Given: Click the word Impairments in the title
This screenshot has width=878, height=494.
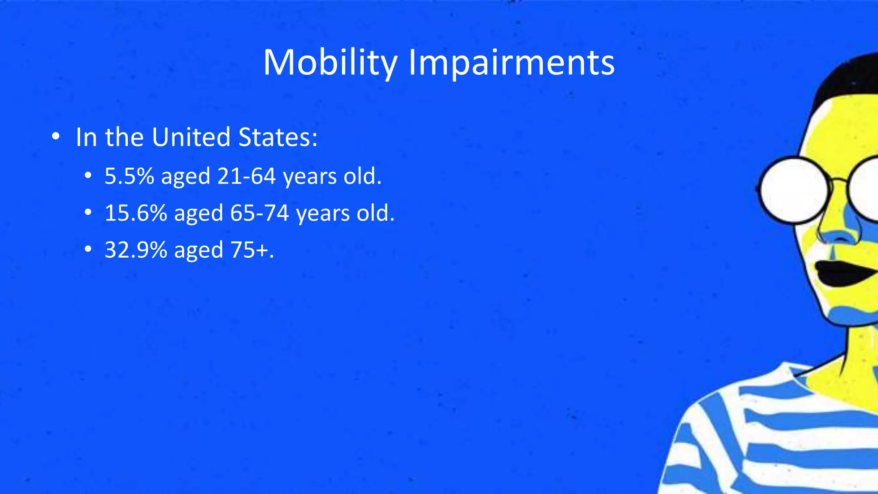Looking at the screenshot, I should tap(511, 63).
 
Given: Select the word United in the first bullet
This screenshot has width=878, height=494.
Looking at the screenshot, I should tap(191, 137).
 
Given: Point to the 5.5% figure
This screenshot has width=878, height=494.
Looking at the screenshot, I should tap(129, 176).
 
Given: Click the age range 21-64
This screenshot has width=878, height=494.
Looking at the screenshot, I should tap(246, 176).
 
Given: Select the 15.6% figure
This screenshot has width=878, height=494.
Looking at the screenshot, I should tap(135, 213).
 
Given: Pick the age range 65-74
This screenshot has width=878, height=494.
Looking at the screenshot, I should tap(259, 213).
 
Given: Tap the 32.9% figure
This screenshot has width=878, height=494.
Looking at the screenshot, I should tap(135, 250).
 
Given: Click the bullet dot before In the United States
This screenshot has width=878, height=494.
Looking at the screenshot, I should tap(55, 137).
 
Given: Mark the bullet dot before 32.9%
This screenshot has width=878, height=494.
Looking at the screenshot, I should tap(88, 250).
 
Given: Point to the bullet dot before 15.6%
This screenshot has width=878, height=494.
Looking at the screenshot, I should tap(88, 213).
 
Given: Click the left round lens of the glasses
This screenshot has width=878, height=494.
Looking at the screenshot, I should tap(794, 190).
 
